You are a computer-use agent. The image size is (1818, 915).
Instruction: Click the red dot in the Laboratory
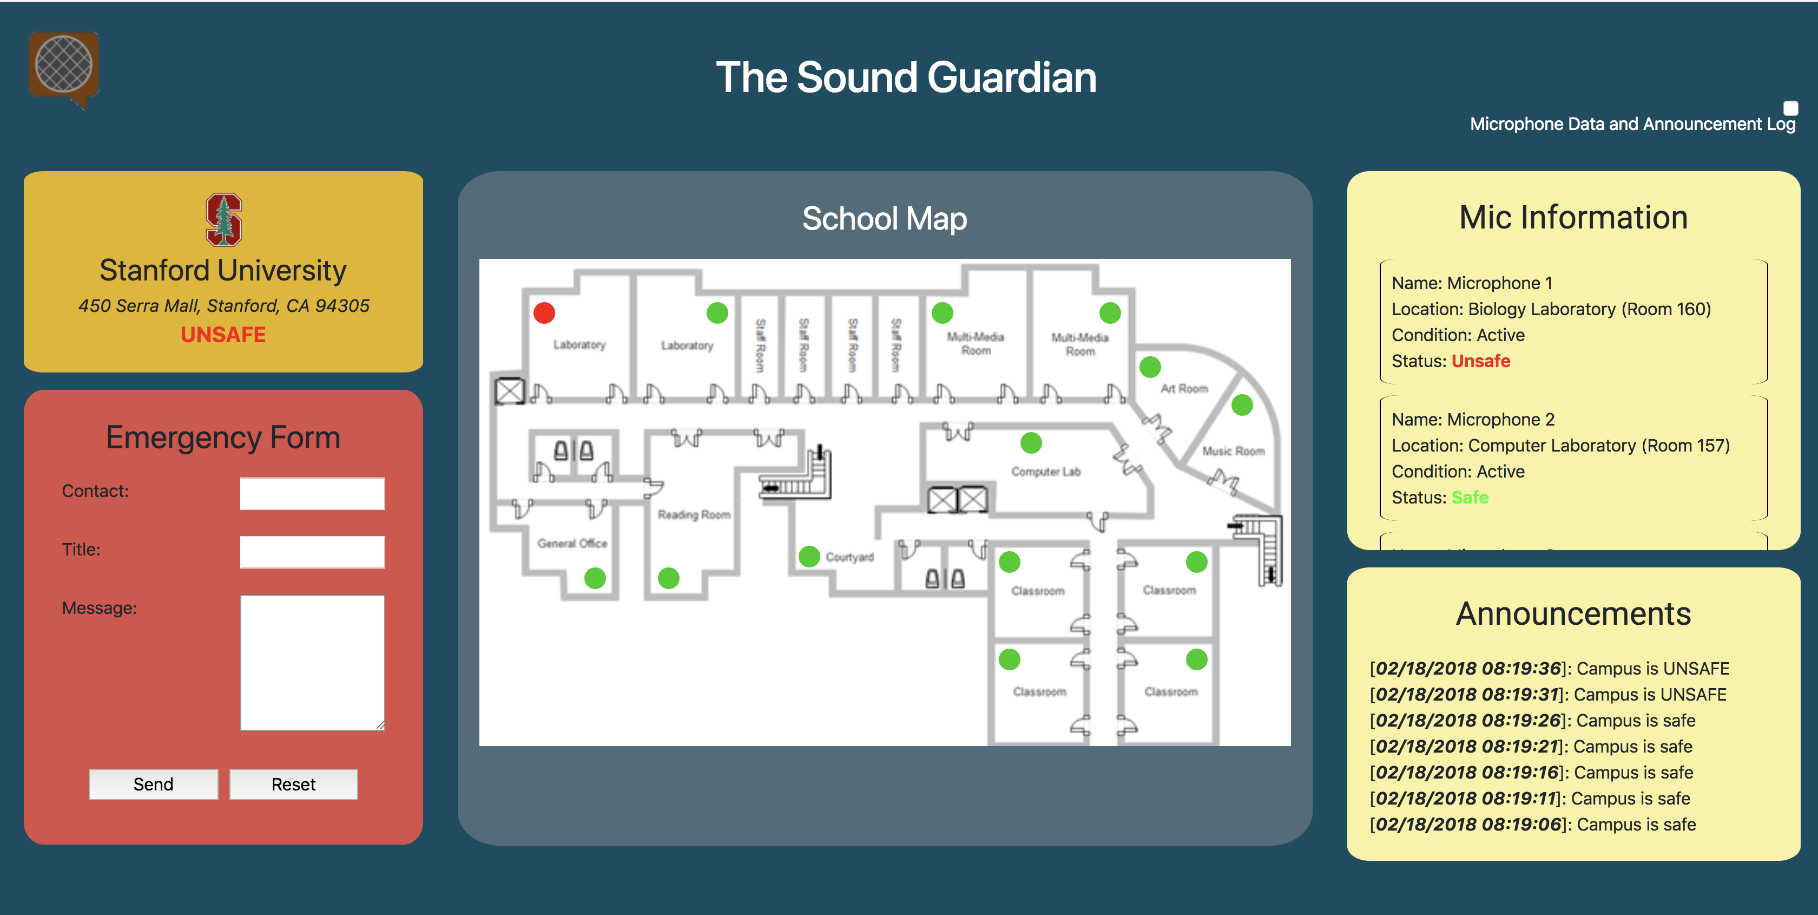[x=544, y=313]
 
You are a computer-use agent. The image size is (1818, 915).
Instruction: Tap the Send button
[x=153, y=785]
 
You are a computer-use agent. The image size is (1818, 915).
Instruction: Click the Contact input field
[x=312, y=494]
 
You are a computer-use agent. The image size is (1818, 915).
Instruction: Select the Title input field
[x=312, y=552]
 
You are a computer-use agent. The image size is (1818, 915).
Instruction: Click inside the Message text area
[x=312, y=662]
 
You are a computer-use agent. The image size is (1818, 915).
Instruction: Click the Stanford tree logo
[x=223, y=220]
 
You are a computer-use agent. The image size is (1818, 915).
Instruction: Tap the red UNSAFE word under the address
[x=223, y=335]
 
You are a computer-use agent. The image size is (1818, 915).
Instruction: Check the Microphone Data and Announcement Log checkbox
[x=1790, y=108]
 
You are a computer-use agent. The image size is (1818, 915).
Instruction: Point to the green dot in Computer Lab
[x=1031, y=443]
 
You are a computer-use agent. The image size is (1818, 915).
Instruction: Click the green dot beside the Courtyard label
[x=809, y=557]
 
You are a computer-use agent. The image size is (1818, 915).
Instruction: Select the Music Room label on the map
[x=1233, y=451]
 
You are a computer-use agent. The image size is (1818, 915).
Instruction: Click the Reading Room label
[x=694, y=515]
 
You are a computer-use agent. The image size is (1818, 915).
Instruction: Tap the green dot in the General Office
[x=595, y=578]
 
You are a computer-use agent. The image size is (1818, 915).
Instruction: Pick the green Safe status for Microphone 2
[x=1470, y=498]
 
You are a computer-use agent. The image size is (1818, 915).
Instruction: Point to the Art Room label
[x=1184, y=388]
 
